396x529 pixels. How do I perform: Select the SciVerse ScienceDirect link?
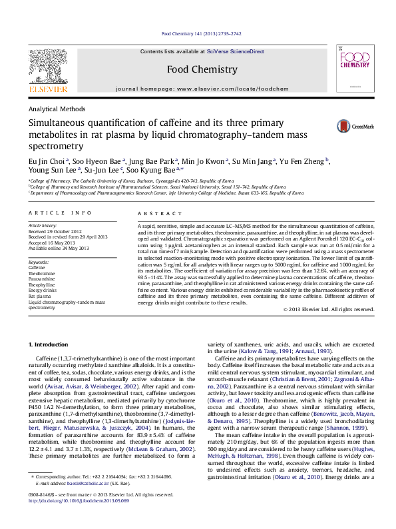pos(235,51)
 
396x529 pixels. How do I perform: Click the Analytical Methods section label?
pos(57,109)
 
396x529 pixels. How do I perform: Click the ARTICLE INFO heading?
pos(60,213)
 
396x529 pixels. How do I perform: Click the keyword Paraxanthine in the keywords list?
pos(43,279)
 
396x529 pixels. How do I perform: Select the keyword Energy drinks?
pos(43,290)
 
